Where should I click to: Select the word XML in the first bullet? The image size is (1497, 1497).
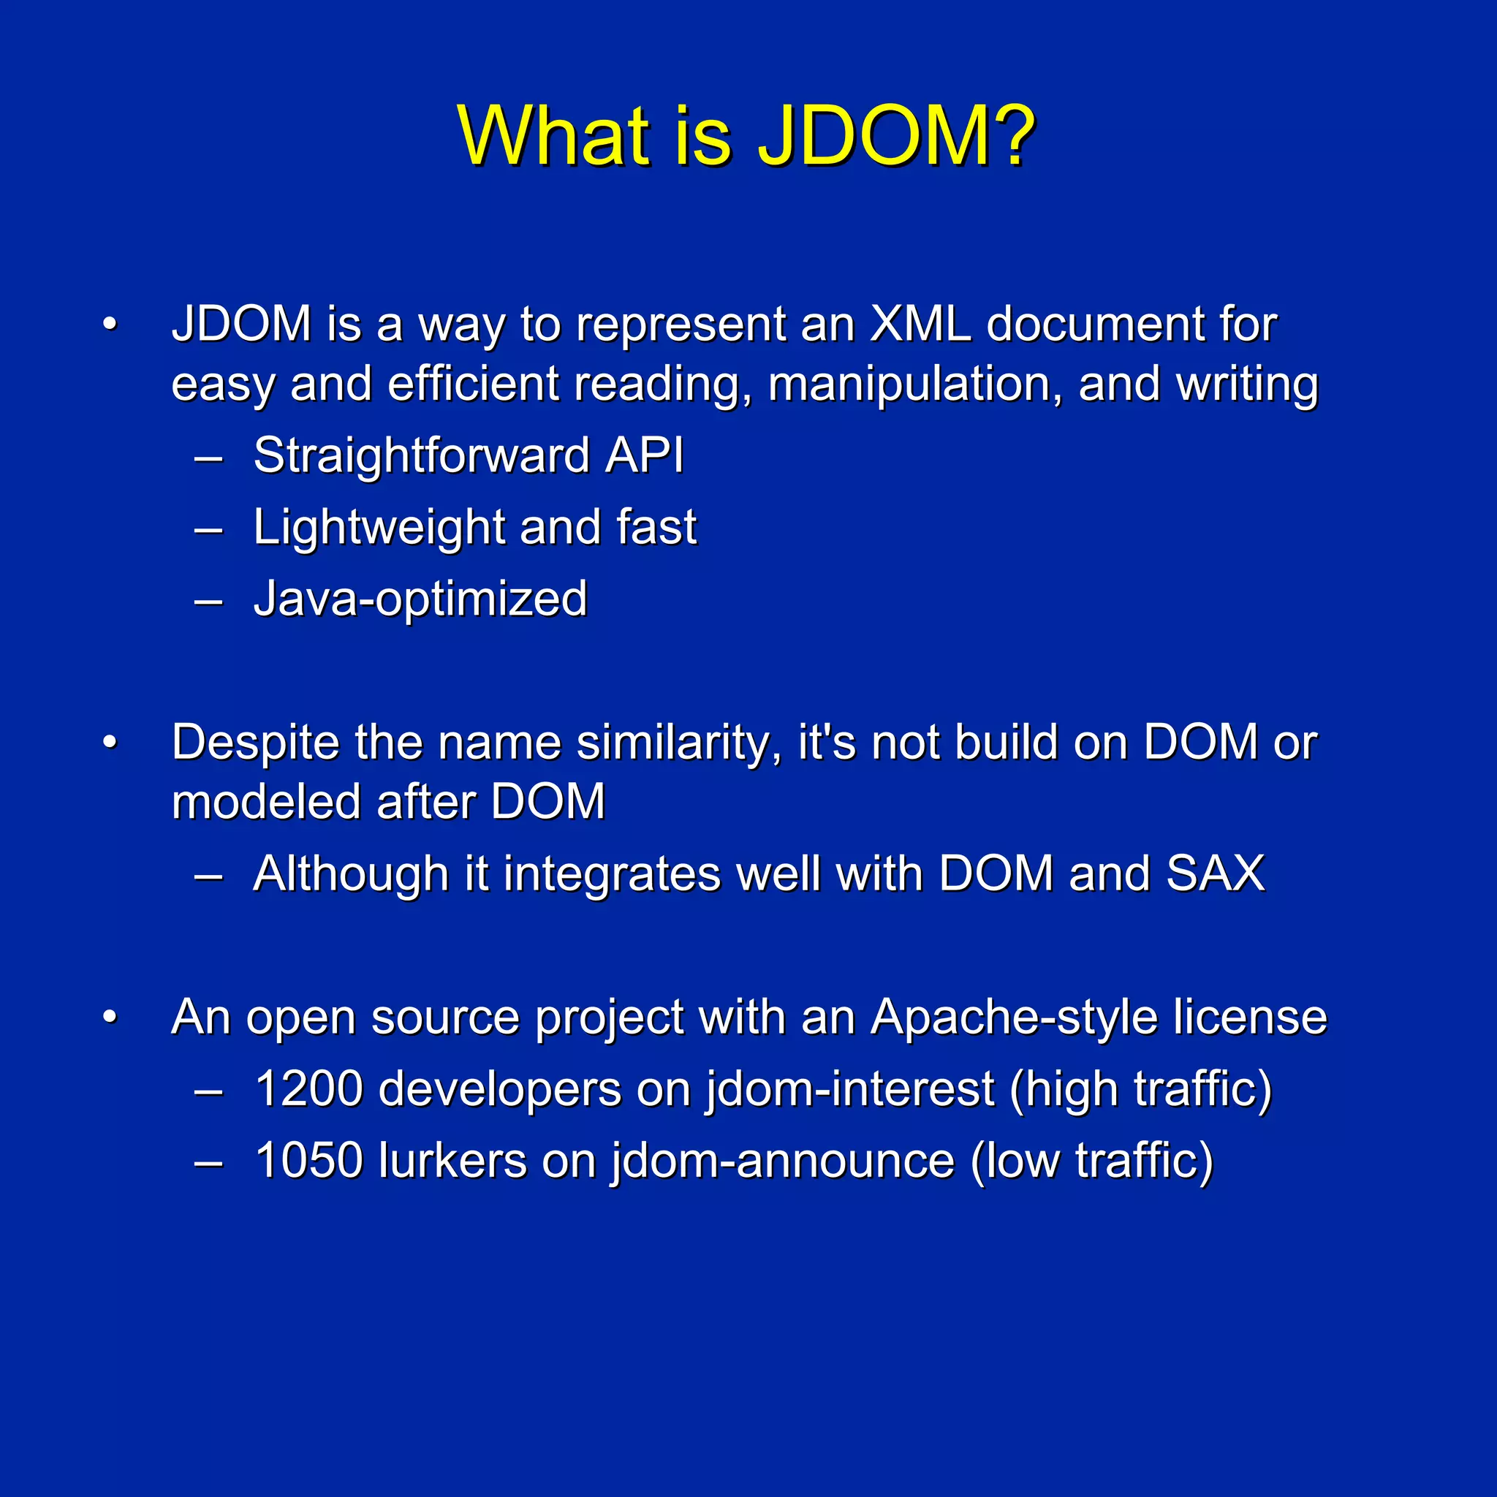click(x=920, y=323)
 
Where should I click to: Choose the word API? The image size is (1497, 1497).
click(x=645, y=455)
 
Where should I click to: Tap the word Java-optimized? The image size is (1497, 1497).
click(x=421, y=599)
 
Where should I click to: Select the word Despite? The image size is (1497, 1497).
click(x=255, y=743)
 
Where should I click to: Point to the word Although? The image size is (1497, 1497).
click(x=351, y=874)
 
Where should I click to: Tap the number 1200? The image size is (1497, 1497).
click(x=308, y=1088)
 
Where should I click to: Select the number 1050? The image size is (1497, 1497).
click(x=308, y=1160)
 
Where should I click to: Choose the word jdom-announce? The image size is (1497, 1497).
click(x=783, y=1160)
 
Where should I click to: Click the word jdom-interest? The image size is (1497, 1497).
click(x=850, y=1088)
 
